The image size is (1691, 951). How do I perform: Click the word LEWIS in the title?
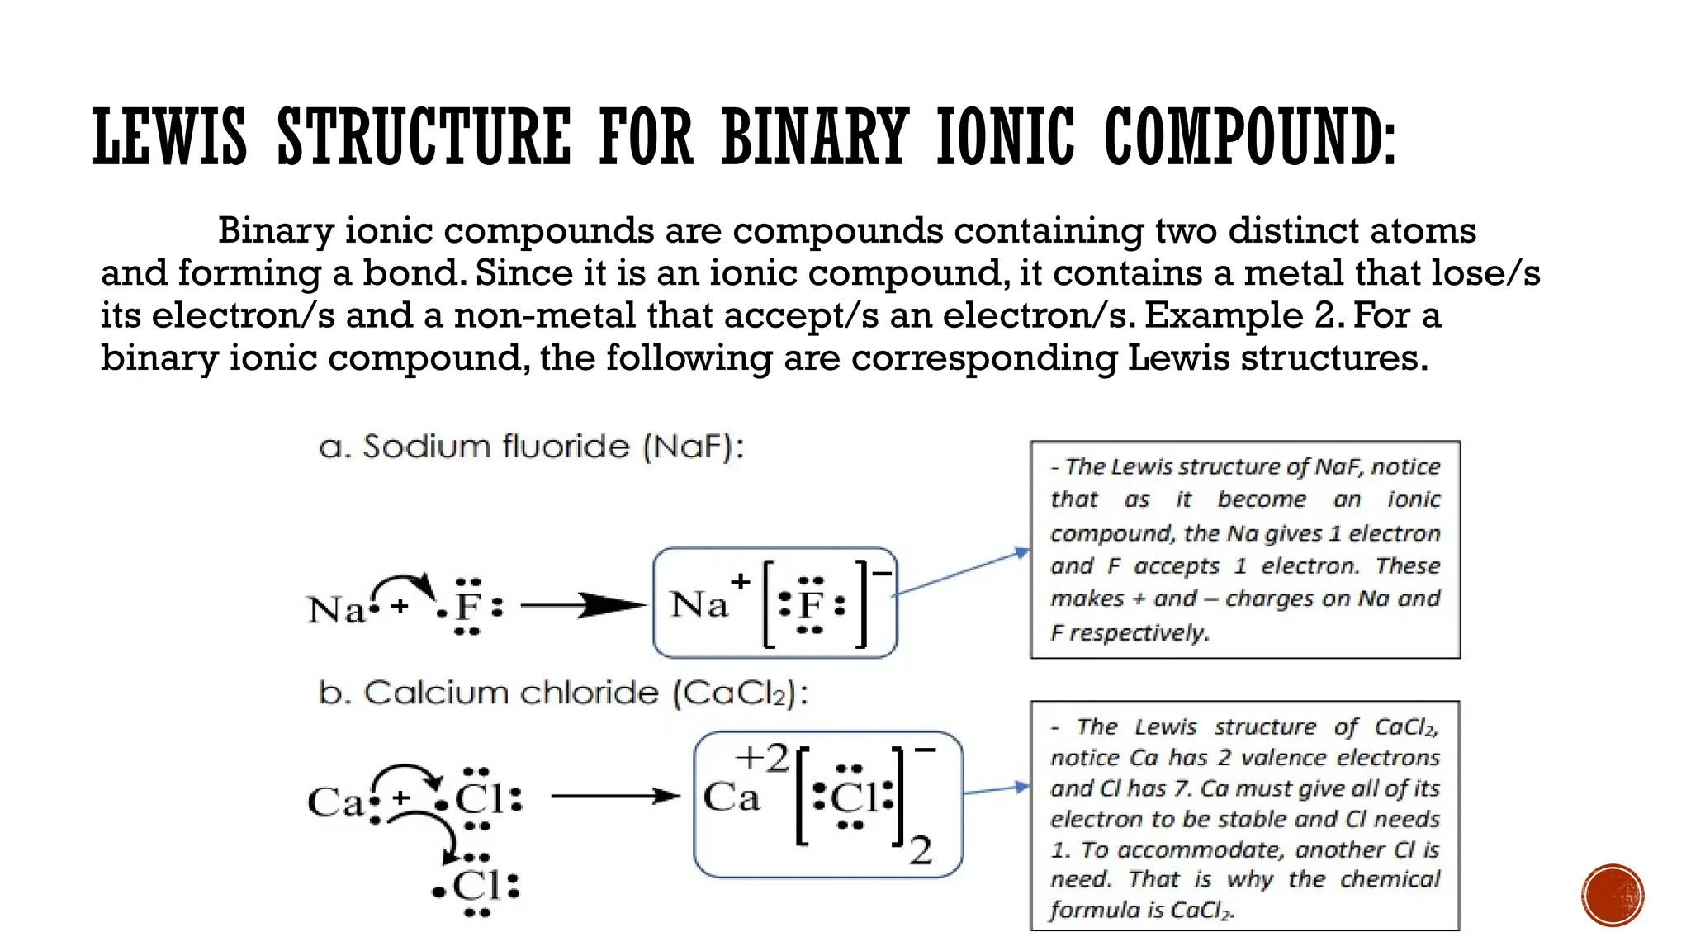[170, 137]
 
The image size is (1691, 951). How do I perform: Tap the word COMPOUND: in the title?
[1250, 137]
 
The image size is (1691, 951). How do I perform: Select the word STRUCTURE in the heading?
[424, 137]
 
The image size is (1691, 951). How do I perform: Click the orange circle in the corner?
[1613, 896]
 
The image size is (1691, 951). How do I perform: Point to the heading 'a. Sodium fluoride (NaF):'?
[531, 447]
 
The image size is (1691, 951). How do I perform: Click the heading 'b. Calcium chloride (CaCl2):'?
[563, 693]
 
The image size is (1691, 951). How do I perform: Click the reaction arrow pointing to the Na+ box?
[582, 606]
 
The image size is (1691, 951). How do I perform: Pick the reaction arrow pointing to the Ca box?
[615, 797]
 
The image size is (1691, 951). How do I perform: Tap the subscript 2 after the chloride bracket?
[921, 851]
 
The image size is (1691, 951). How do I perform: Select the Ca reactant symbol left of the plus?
[334, 802]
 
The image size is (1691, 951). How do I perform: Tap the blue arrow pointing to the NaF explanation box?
[962, 571]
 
